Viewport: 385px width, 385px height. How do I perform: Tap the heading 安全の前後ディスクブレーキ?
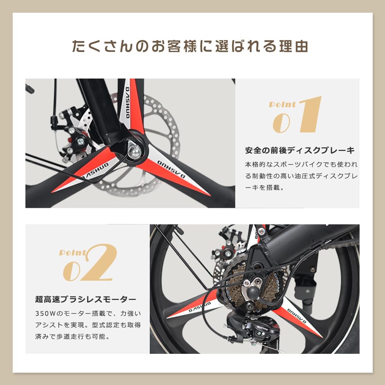pos(300,150)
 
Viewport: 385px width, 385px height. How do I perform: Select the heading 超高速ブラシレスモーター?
pos(85,299)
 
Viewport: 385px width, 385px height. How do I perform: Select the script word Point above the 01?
pos(282,105)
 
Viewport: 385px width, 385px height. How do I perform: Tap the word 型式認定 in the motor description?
pos(95,325)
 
